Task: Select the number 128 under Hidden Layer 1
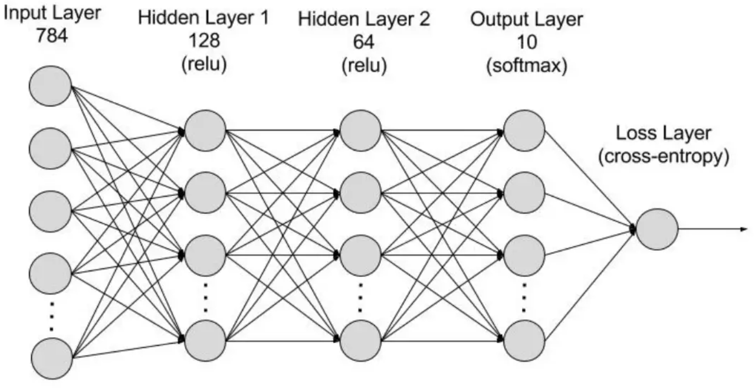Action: pos(203,40)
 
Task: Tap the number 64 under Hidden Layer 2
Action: pos(364,40)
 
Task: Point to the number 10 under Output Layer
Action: pos(527,40)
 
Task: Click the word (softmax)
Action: pos(527,64)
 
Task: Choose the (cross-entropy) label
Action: pos(664,157)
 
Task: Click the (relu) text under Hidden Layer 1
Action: pos(203,64)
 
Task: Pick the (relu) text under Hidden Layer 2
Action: pos(364,64)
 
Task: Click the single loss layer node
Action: pos(657,229)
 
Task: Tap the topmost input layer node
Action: pos(51,86)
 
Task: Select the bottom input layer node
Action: pos(51,358)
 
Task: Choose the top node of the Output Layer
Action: pos(524,130)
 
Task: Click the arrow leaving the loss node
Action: pos(714,229)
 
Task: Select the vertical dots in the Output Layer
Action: pos(524,298)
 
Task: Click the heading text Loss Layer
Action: pos(664,133)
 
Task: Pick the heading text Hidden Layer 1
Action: pos(203,18)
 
